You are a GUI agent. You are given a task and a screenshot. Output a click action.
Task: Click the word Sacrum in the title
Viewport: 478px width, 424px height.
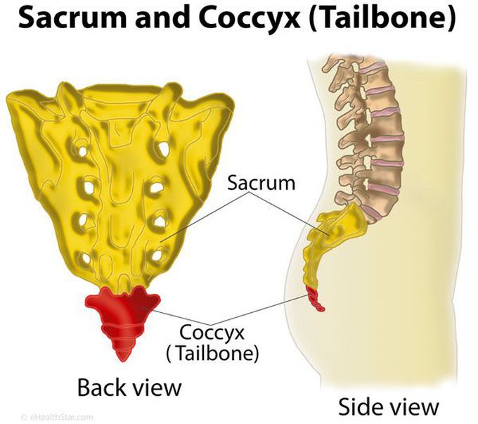72,18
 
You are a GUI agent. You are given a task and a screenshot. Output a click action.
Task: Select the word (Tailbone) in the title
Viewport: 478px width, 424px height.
382,18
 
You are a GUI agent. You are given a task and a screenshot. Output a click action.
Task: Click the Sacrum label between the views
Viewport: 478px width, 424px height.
261,184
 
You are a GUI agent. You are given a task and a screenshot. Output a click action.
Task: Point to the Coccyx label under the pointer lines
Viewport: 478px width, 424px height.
212,333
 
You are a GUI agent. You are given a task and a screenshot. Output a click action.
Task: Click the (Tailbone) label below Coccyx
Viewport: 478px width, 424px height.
212,354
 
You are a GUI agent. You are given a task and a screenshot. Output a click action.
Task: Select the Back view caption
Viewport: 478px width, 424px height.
129,387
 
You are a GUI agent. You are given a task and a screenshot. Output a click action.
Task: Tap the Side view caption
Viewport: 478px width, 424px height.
388,406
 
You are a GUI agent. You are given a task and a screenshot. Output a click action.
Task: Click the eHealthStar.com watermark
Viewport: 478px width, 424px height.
57,417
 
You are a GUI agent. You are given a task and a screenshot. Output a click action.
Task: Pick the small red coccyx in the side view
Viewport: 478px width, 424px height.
316,300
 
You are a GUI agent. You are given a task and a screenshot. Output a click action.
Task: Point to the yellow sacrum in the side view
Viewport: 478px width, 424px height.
332,238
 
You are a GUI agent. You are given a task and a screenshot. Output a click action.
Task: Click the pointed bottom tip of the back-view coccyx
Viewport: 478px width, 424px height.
122,361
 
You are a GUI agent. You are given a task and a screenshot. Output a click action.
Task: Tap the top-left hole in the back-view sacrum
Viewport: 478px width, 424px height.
82,150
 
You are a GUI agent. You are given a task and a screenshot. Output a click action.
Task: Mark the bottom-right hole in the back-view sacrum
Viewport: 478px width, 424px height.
157,255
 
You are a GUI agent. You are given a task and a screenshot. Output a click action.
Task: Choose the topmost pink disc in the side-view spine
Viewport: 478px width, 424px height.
375,70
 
